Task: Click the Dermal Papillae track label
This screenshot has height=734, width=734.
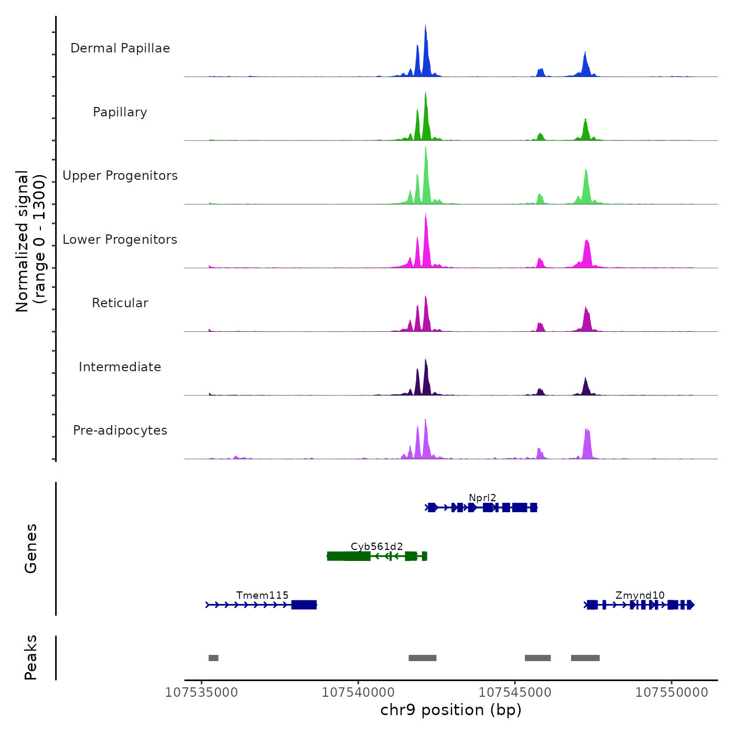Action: [x=120, y=48]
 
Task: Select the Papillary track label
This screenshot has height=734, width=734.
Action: [x=120, y=112]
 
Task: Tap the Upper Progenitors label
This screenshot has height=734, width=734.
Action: [x=120, y=176]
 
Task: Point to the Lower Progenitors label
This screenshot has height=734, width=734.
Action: [x=120, y=240]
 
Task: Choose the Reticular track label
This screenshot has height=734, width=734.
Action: [x=120, y=303]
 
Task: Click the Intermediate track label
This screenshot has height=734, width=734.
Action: [x=120, y=367]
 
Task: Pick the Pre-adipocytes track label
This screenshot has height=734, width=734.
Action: [x=120, y=430]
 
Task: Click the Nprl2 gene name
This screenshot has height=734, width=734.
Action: [x=482, y=498]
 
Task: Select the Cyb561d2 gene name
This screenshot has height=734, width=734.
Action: [x=377, y=546]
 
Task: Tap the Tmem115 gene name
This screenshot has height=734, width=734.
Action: [x=262, y=595]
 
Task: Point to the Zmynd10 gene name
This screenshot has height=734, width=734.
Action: [x=640, y=595]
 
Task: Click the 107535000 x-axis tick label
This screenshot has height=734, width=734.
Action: [x=201, y=693]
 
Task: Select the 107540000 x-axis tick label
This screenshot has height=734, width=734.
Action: [x=358, y=693]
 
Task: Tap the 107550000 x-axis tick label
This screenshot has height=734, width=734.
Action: [x=672, y=693]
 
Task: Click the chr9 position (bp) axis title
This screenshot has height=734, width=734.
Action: [x=451, y=710]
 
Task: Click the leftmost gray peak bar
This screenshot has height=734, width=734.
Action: [x=213, y=658]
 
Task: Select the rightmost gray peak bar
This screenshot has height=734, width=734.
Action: [x=585, y=658]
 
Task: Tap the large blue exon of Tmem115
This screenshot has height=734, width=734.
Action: [x=304, y=605]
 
